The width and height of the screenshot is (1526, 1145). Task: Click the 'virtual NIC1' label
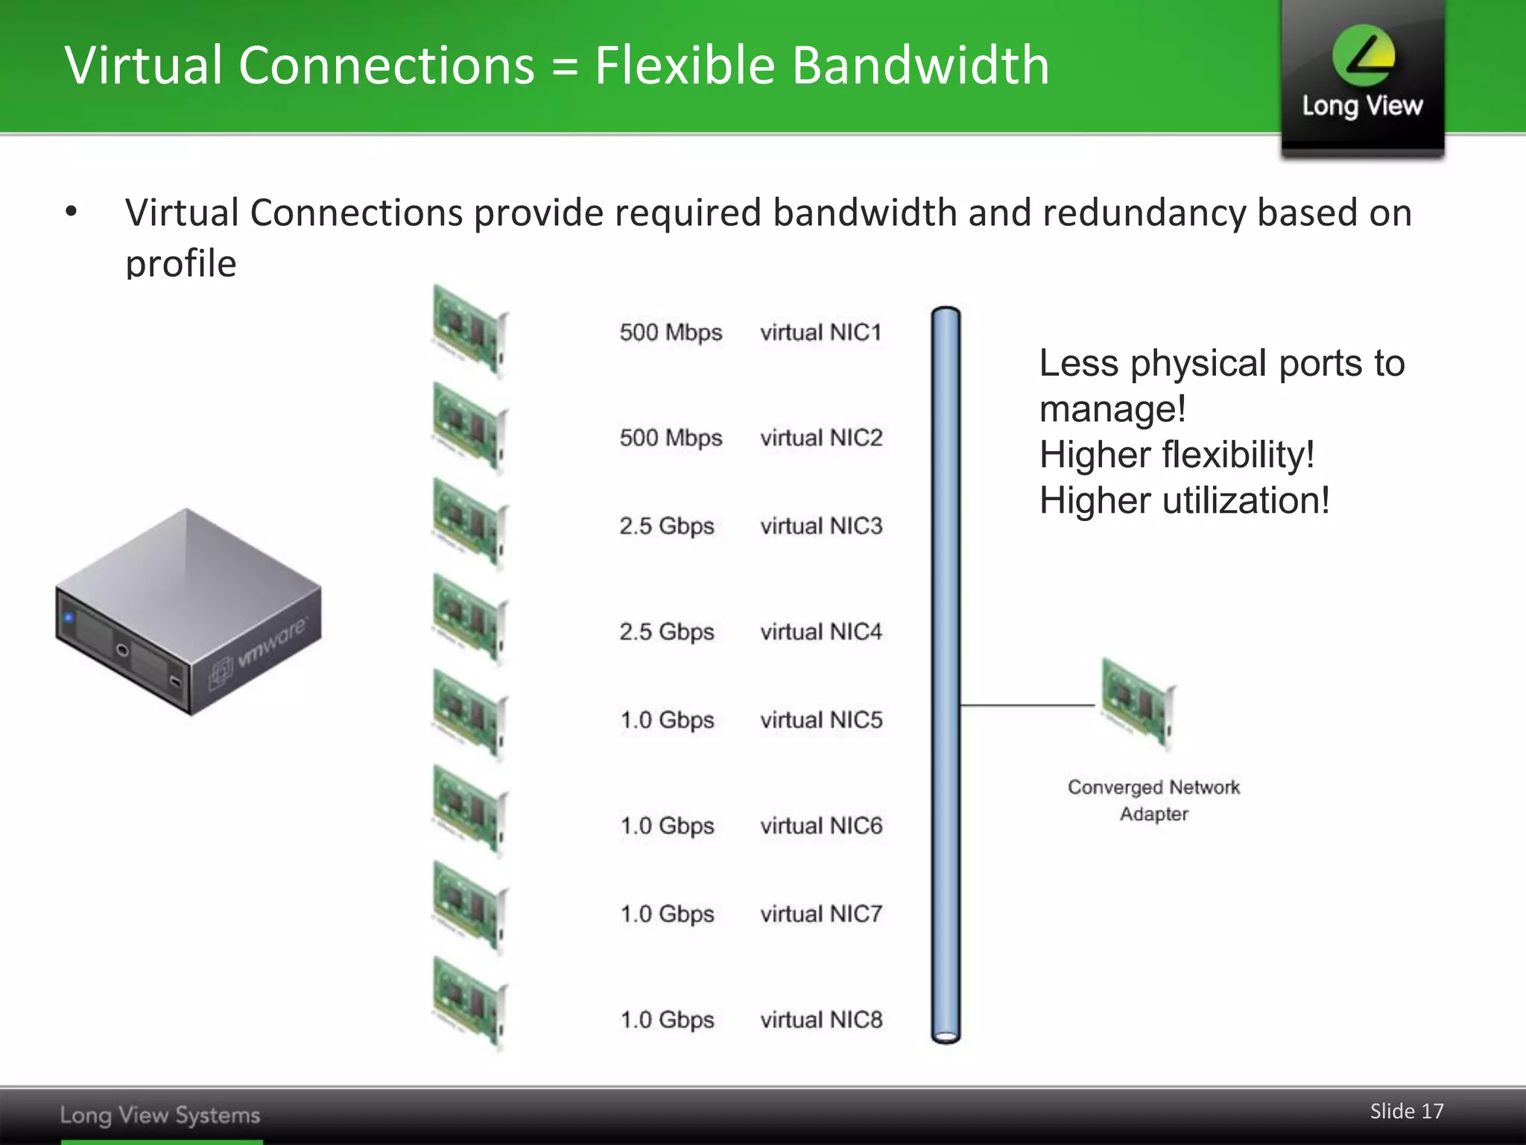pos(820,332)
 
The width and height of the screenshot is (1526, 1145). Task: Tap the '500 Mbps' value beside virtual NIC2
pos(671,438)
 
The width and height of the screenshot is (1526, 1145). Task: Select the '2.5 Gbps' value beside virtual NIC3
pos(666,526)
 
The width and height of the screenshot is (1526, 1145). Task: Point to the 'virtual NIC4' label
pos(820,632)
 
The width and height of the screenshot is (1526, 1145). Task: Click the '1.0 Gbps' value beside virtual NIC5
pos(667,720)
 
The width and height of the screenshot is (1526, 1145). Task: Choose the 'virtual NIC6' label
pos(820,826)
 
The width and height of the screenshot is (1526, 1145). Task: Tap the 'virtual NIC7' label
pos(820,914)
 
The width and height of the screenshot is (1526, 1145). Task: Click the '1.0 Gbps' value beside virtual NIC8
pos(667,1020)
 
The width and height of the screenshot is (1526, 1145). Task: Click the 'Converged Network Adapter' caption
pos(1153,801)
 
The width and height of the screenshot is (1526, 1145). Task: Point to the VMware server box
pos(188,611)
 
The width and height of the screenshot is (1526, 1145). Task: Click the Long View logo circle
pos(1364,55)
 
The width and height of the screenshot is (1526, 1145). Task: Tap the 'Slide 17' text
pos(1406,1111)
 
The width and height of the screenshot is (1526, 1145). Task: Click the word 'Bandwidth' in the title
pos(920,66)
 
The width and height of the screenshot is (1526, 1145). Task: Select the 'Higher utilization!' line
pos(1184,500)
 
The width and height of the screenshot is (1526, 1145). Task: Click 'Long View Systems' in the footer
pos(160,1115)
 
